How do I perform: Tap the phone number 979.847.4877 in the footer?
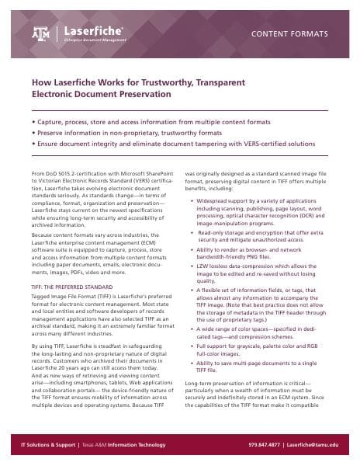tap(267, 445)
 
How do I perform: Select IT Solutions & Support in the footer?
tap(50, 445)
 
